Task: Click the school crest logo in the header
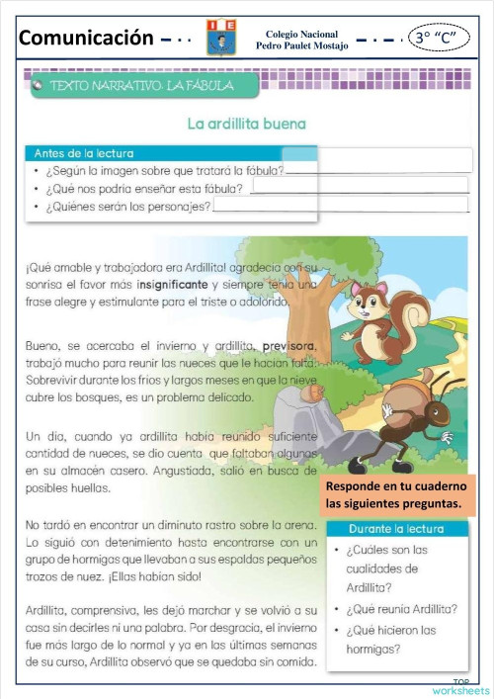click(x=220, y=37)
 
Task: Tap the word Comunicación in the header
click(x=87, y=39)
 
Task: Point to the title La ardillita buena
click(x=247, y=125)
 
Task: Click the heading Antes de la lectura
click(x=84, y=153)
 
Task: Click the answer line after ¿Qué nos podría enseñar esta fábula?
click(x=360, y=186)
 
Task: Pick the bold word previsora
click(x=288, y=346)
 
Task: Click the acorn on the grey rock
click(x=313, y=393)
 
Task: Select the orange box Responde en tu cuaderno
click(x=396, y=495)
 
